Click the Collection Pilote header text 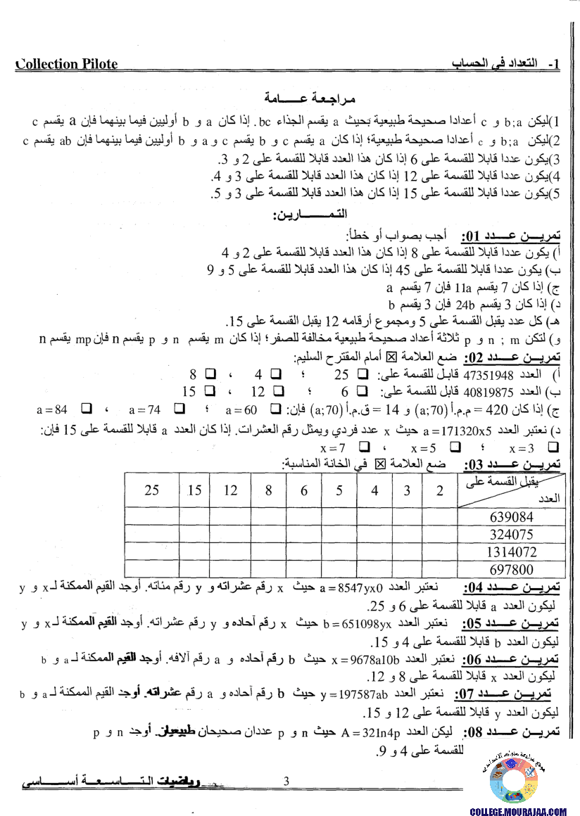[x=67, y=64]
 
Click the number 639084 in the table [x=511, y=517]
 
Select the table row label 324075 [x=511, y=534]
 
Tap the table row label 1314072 [x=511, y=552]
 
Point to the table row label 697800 [x=511, y=569]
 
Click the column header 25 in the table [x=151, y=490]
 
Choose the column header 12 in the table [x=230, y=490]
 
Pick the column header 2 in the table [x=440, y=490]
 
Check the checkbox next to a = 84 [x=87, y=409]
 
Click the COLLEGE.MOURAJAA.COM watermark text [x=517, y=811]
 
